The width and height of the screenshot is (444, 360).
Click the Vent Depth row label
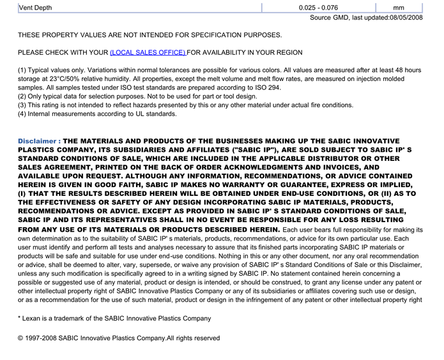pyautogui.click(x=36, y=8)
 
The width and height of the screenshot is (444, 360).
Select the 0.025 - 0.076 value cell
pyautogui.click(x=318, y=8)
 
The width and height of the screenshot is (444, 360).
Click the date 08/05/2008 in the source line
pyautogui.click(x=406, y=18)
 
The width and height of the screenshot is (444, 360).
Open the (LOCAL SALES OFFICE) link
pyautogui.click(x=148, y=52)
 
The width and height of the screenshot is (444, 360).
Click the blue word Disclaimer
pyautogui.click(x=39, y=141)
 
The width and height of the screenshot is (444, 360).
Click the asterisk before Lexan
pyautogui.click(x=20, y=318)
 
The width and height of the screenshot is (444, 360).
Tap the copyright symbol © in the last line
pyautogui.click(x=21, y=338)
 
